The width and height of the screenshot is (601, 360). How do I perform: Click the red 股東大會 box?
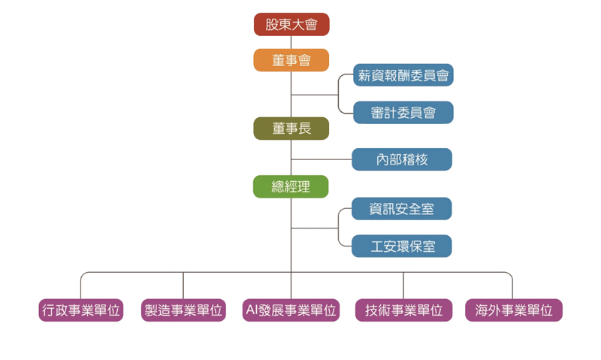pos(291,25)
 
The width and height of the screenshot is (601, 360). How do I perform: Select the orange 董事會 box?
pos(291,60)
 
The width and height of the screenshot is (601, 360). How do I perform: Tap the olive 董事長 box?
pos(291,129)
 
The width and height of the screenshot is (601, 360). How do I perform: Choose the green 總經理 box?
pos(291,186)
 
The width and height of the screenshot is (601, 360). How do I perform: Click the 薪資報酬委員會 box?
pos(403,75)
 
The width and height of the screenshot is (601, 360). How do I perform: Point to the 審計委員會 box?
pos(403,113)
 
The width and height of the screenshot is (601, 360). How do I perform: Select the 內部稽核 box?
pos(403,159)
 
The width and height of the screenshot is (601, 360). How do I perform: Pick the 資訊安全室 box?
pos(403,209)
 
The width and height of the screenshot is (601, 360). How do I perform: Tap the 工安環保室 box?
pos(403,246)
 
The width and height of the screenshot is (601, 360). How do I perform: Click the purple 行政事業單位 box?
pos(81,310)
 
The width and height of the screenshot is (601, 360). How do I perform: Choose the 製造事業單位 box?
pos(183,310)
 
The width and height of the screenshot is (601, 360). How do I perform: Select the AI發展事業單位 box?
pos(291,310)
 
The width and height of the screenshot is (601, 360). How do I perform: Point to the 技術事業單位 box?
pos(403,310)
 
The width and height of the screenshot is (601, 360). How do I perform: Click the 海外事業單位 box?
pos(513,310)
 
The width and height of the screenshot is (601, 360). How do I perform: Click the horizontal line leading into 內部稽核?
pos(322,159)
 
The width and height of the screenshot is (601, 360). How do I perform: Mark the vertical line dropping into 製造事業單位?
pos(183,286)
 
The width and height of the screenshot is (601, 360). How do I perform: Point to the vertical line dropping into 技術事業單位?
pos(403,286)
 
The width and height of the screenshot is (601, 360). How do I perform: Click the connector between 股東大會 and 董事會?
pos(291,42)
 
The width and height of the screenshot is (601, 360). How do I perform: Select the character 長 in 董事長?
pos(304,129)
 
